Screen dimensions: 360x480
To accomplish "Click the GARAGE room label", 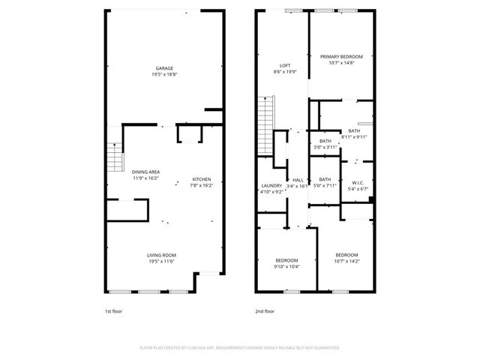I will coord(164,68).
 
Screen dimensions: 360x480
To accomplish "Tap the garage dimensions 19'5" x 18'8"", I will coord(164,75).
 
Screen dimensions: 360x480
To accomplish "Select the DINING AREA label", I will coord(145,172).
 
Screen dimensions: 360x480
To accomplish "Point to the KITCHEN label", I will coord(202,178).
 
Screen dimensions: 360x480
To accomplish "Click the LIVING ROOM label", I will coord(161,255).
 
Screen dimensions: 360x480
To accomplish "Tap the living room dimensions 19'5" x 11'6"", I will coord(161,262).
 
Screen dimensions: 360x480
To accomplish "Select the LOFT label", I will coord(285,66).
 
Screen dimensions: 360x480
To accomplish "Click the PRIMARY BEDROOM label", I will coord(341,57).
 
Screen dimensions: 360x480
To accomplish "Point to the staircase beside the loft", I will coord(265,112).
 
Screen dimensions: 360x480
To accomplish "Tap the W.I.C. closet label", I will coord(358,182).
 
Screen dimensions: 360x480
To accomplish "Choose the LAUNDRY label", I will coord(271,185).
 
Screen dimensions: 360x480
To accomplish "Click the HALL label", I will coord(298,179).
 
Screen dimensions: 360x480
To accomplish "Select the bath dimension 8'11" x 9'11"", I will coord(354,137).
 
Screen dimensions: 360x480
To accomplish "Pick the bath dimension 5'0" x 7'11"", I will coord(325,185).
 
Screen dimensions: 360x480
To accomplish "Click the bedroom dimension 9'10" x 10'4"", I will coord(287,266).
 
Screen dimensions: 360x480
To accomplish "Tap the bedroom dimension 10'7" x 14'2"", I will coord(347,261).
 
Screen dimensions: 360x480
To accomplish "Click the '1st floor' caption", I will coord(112,310).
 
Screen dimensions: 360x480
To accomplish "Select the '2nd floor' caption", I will coord(265,310).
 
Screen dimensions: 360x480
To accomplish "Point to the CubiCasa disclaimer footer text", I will coord(240,348).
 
